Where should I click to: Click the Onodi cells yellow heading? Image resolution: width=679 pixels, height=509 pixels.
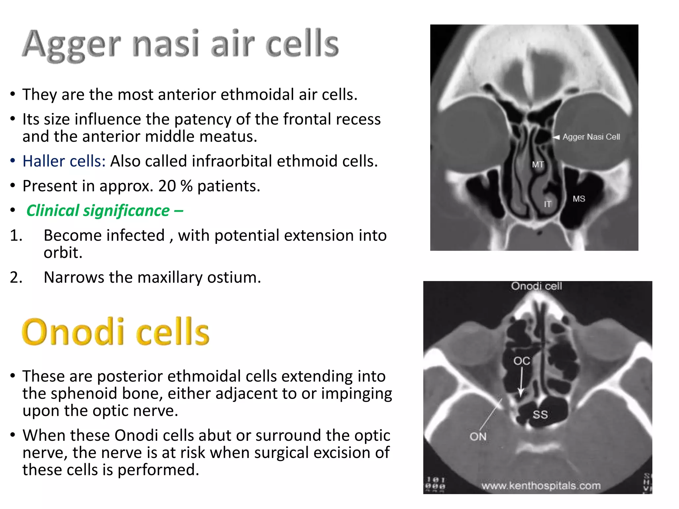[x=115, y=332]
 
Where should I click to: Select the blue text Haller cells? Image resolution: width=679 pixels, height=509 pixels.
[x=64, y=161]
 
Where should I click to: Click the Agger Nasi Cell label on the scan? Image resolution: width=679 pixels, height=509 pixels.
[x=591, y=137]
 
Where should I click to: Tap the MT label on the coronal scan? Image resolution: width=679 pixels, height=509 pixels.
[x=538, y=164]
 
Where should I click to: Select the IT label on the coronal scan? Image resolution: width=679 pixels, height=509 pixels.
[x=547, y=204]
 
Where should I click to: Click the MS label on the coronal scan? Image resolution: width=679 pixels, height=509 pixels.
[x=579, y=199]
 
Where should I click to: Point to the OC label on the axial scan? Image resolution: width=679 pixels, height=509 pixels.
[x=522, y=361]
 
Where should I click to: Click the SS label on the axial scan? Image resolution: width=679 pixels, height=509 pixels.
[x=540, y=415]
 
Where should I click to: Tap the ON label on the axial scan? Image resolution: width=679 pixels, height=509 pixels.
[x=478, y=437]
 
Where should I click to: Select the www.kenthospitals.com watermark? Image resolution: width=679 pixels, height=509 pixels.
[x=541, y=486]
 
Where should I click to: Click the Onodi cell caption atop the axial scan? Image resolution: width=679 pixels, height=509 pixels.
[x=536, y=286]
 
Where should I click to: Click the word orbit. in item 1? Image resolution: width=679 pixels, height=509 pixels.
[x=63, y=253]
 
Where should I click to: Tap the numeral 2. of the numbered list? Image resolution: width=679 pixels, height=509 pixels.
[x=16, y=277]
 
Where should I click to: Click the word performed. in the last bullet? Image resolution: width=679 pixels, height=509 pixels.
[x=158, y=470]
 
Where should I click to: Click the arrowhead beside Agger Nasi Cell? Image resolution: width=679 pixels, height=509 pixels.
[x=556, y=137]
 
